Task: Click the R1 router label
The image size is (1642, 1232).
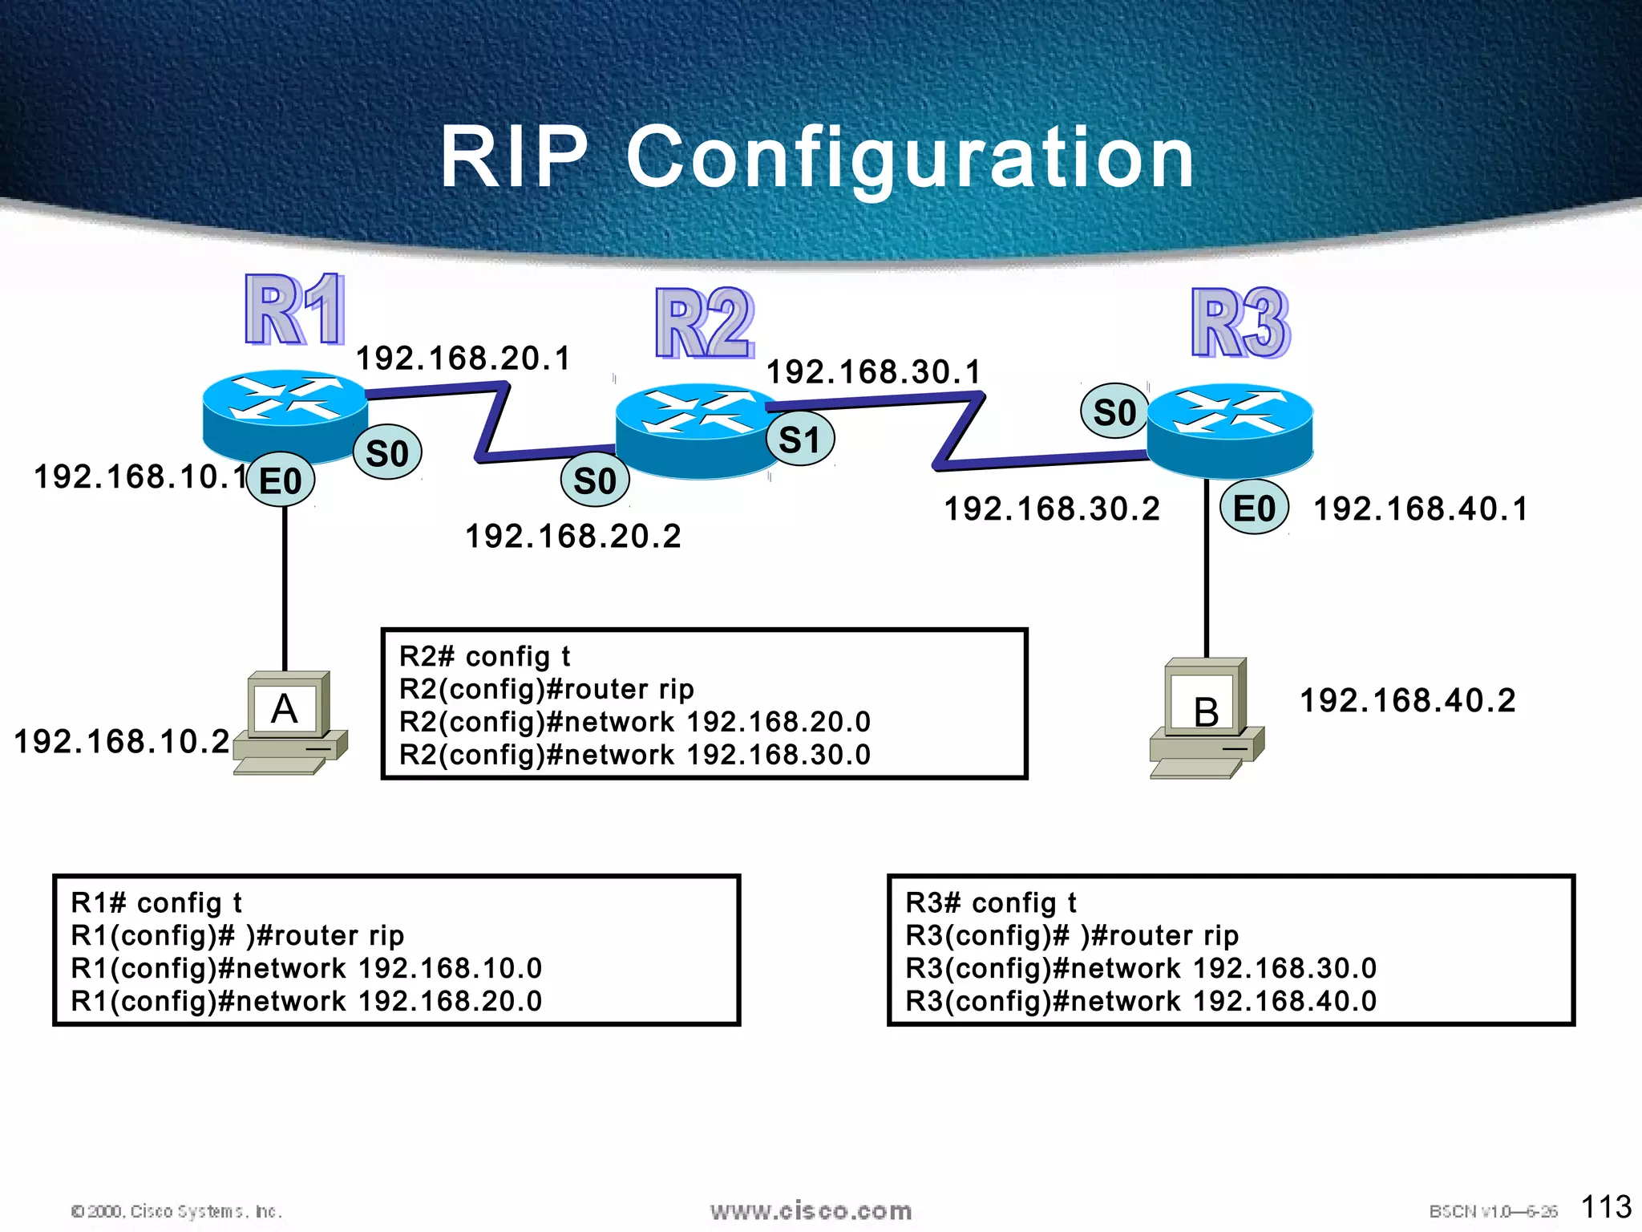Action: pos(295,310)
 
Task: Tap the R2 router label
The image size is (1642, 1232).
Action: pos(705,323)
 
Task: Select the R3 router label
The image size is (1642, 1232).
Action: pos(1240,323)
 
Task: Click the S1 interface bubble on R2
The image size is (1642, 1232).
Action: pos(800,440)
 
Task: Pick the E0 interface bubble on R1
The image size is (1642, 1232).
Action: pos(281,480)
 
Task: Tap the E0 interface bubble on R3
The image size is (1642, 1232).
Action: pos(1254,509)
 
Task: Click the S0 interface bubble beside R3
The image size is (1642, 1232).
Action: pos(1114,412)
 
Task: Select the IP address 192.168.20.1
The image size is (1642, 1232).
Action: pos(463,359)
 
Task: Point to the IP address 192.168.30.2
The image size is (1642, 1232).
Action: pos(1052,509)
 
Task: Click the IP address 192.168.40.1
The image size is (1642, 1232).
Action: pos(1421,509)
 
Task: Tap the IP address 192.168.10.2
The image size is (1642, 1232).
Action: pos(122,741)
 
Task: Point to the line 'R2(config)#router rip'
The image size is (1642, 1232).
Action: pos(547,689)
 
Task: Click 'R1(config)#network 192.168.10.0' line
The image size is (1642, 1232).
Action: pos(306,968)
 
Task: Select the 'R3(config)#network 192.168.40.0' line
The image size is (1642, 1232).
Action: pos(1141,1001)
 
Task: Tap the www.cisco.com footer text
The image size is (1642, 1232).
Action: pos(811,1210)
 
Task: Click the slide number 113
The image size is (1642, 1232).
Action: pos(1606,1206)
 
